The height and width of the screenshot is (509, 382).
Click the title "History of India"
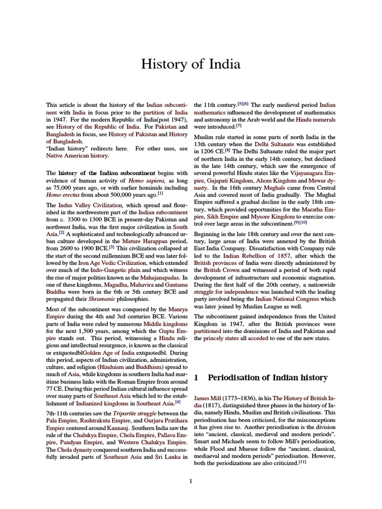coord(191,65)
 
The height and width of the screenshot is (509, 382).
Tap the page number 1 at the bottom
coord(191,480)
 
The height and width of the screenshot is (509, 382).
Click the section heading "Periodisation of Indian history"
coord(268,378)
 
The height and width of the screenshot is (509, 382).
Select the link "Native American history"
coord(77,156)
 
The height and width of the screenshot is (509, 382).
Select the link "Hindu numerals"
coord(315,120)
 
